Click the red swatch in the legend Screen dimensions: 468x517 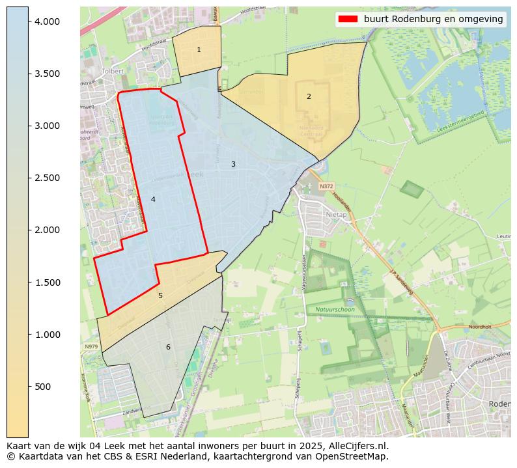[x=348, y=20]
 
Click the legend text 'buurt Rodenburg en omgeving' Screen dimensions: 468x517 [x=433, y=20]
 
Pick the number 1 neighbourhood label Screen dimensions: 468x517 [x=199, y=50]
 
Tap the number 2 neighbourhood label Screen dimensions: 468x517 [x=309, y=96]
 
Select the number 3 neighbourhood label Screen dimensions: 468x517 [x=233, y=164]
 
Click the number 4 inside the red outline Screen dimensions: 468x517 [x=153, y=199]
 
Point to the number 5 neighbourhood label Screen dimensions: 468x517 [x=160, y=296]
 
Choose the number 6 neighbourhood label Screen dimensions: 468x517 [x=168, y=347]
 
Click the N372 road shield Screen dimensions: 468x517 [x=326, y=186]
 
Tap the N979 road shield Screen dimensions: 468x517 [x=91, y=347]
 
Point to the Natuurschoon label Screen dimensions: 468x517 [x=335, y=310]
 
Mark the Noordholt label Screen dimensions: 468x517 [x=479, y=326]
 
